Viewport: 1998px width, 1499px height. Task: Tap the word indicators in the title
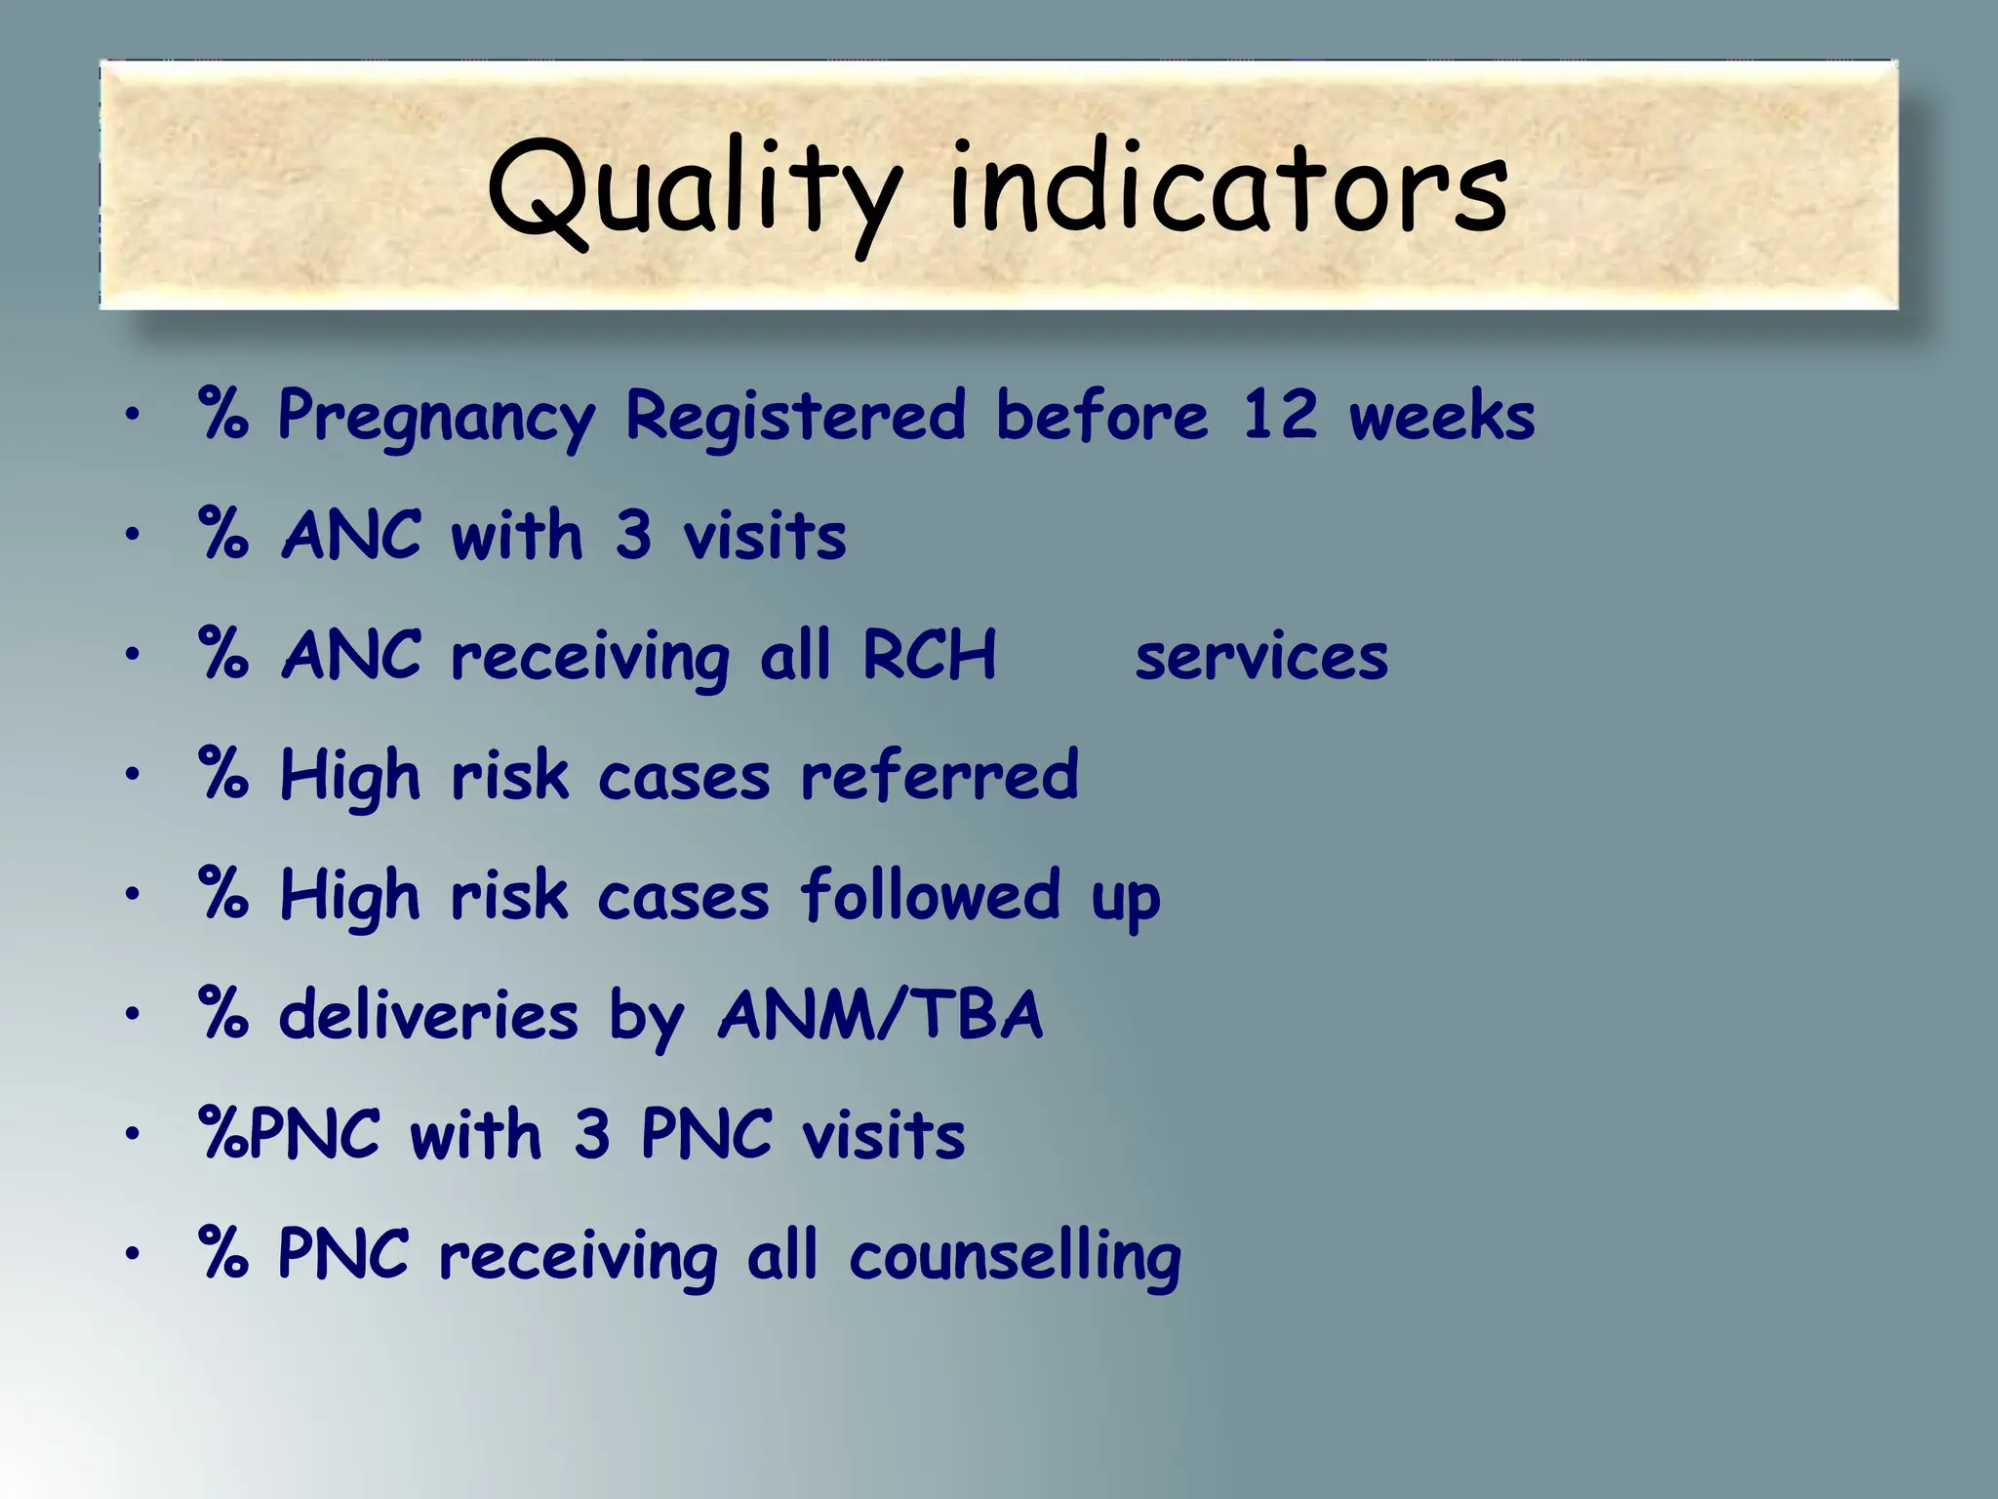coord(1229,190)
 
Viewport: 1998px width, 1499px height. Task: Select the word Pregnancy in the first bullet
coord(435,418)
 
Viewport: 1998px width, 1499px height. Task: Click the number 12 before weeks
coord(1279,416)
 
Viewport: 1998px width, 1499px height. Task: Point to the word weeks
coord(1442,418)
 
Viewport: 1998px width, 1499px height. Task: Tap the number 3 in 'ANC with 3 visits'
coord(633,536)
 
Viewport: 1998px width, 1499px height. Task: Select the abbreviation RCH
coord(929,655)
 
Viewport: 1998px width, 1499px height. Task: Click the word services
coord(1261,657)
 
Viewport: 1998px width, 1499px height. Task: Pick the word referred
coord(939,776)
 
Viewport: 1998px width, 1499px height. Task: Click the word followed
coord(930,895)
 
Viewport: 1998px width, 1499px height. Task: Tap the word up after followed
coord(1126,899)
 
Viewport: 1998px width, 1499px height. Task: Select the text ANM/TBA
coord(880,1015)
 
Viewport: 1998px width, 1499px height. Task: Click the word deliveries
coord(428,1015)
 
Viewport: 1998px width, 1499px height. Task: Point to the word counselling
coord(1015,1257)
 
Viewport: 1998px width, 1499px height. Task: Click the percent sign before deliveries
coord(223,1015)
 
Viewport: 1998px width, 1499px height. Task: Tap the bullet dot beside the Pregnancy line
coord(133,415)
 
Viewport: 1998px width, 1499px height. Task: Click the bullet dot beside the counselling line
coord(133,1253)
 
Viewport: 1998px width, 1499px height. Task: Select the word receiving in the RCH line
coord(589,657)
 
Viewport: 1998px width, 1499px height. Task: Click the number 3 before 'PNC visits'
coord(591,1135)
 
